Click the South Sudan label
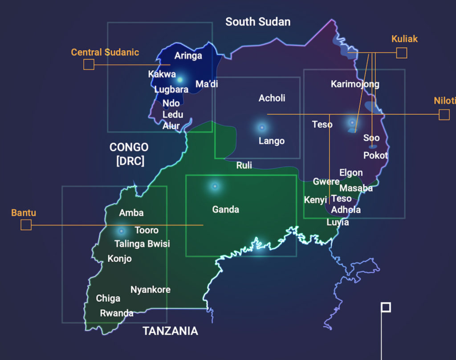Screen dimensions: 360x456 point(258,22)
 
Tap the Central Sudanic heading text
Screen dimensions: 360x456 point(105,53)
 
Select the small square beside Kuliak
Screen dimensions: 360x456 point(402,53)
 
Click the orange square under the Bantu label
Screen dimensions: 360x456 point(26,225)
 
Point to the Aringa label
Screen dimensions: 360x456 point(188,56)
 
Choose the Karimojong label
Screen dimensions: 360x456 point(355,84)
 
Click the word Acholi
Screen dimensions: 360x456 point(272,98)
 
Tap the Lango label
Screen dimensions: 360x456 point(272,141)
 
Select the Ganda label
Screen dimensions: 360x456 point(225,210)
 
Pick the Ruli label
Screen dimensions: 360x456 point(244,166)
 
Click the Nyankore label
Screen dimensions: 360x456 point(151,290)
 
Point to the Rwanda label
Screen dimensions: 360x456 point(117,313)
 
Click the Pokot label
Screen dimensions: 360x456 point(375,156)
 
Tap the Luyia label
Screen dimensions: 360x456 point(338,222)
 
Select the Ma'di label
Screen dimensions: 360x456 point(207,84)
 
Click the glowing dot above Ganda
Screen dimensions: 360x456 point(215,186)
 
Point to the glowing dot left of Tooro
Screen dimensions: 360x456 point(121,231)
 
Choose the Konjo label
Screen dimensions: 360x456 point(119,259)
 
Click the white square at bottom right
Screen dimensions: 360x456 point(386,307)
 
